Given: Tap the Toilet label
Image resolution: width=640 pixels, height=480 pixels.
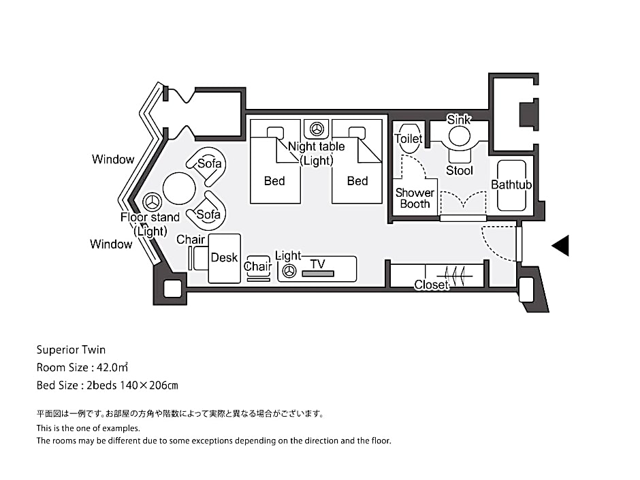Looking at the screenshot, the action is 408,139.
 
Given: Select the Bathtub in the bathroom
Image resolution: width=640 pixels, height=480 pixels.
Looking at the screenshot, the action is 511,185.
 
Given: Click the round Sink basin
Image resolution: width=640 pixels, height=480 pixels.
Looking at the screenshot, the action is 460,136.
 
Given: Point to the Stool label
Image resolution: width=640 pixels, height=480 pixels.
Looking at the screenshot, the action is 460,171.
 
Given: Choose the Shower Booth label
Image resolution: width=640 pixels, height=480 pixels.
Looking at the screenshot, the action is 415,198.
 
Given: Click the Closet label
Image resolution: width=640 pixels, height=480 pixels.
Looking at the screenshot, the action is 432,285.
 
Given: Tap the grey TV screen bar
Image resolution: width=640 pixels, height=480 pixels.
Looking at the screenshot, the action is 318,274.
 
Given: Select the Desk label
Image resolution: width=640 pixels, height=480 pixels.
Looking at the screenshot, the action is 224,257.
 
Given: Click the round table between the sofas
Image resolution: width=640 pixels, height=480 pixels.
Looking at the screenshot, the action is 179,189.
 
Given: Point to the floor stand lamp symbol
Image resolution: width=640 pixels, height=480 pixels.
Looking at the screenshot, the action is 153,202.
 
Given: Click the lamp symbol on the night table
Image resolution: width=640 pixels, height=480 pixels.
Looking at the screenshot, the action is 317,129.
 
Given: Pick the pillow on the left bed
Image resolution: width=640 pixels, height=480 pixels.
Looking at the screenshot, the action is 276,133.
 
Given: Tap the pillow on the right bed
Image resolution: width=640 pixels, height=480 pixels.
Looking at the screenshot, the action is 357,133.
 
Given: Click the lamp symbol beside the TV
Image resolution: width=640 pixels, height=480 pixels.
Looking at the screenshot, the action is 289,270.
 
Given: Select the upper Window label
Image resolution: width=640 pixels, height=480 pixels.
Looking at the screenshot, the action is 113,159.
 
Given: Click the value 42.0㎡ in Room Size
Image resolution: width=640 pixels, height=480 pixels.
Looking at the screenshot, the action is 112,368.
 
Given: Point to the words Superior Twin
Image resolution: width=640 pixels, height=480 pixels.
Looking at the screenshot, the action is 71,350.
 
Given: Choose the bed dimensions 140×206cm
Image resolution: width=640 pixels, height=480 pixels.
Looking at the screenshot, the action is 148,385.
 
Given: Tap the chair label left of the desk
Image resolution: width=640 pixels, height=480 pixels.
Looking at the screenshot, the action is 191,240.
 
